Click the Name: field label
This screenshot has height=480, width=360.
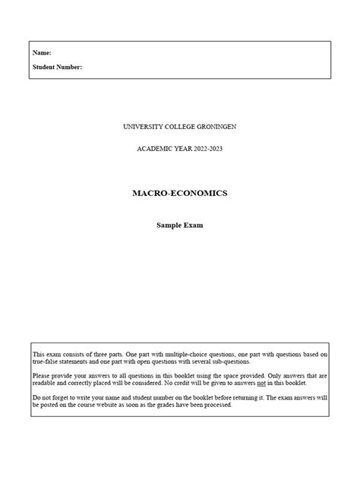(x=42, y=53)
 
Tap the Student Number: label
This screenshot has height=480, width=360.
(x=58, y=67)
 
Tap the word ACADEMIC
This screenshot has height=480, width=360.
(x=154, y=148)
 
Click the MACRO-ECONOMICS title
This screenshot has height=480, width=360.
(x=179, y=193)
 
